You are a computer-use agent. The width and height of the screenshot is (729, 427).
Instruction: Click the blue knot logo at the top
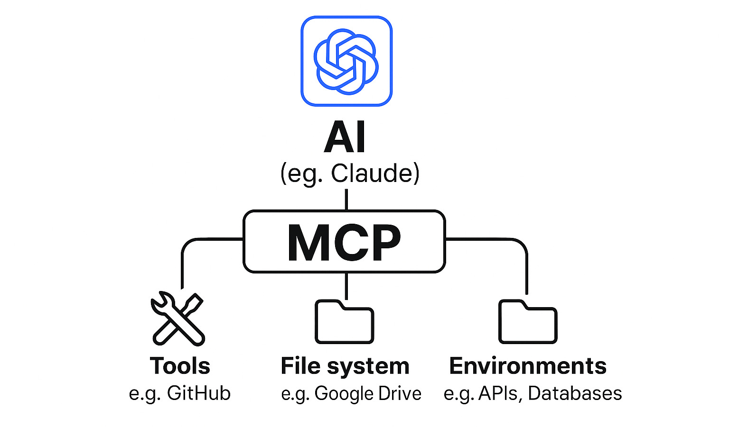pos(346,61)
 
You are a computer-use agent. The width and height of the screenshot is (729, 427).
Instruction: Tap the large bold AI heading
pos(345,138)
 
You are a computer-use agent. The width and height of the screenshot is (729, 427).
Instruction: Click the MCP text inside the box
pos(344,242)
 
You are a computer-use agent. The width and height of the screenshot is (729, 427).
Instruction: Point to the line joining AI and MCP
pos(346,200)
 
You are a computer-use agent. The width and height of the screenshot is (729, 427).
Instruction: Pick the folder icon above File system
pos(344,322)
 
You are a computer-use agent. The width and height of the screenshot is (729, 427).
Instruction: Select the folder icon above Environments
pos(527,322)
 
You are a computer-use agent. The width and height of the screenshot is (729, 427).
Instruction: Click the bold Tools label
pos(180,366)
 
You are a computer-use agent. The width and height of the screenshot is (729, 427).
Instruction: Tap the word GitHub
pos(199,393)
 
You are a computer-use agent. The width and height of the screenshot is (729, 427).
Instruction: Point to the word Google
pos(338,394)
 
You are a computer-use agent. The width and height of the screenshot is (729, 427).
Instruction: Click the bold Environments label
pos(528,366)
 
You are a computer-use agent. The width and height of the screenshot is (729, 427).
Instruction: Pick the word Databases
pos(575,393)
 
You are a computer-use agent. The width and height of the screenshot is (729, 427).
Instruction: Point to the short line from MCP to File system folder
pos(346,286)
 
